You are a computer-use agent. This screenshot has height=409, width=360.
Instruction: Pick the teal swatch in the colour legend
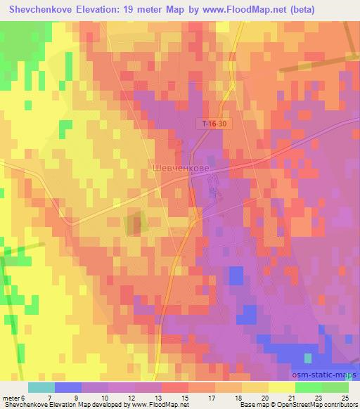click(x=41, y=387)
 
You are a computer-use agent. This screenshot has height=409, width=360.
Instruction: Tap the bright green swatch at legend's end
click(x=335, y=387)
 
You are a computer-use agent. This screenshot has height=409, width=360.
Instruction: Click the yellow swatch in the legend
click(x=281, y=387)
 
